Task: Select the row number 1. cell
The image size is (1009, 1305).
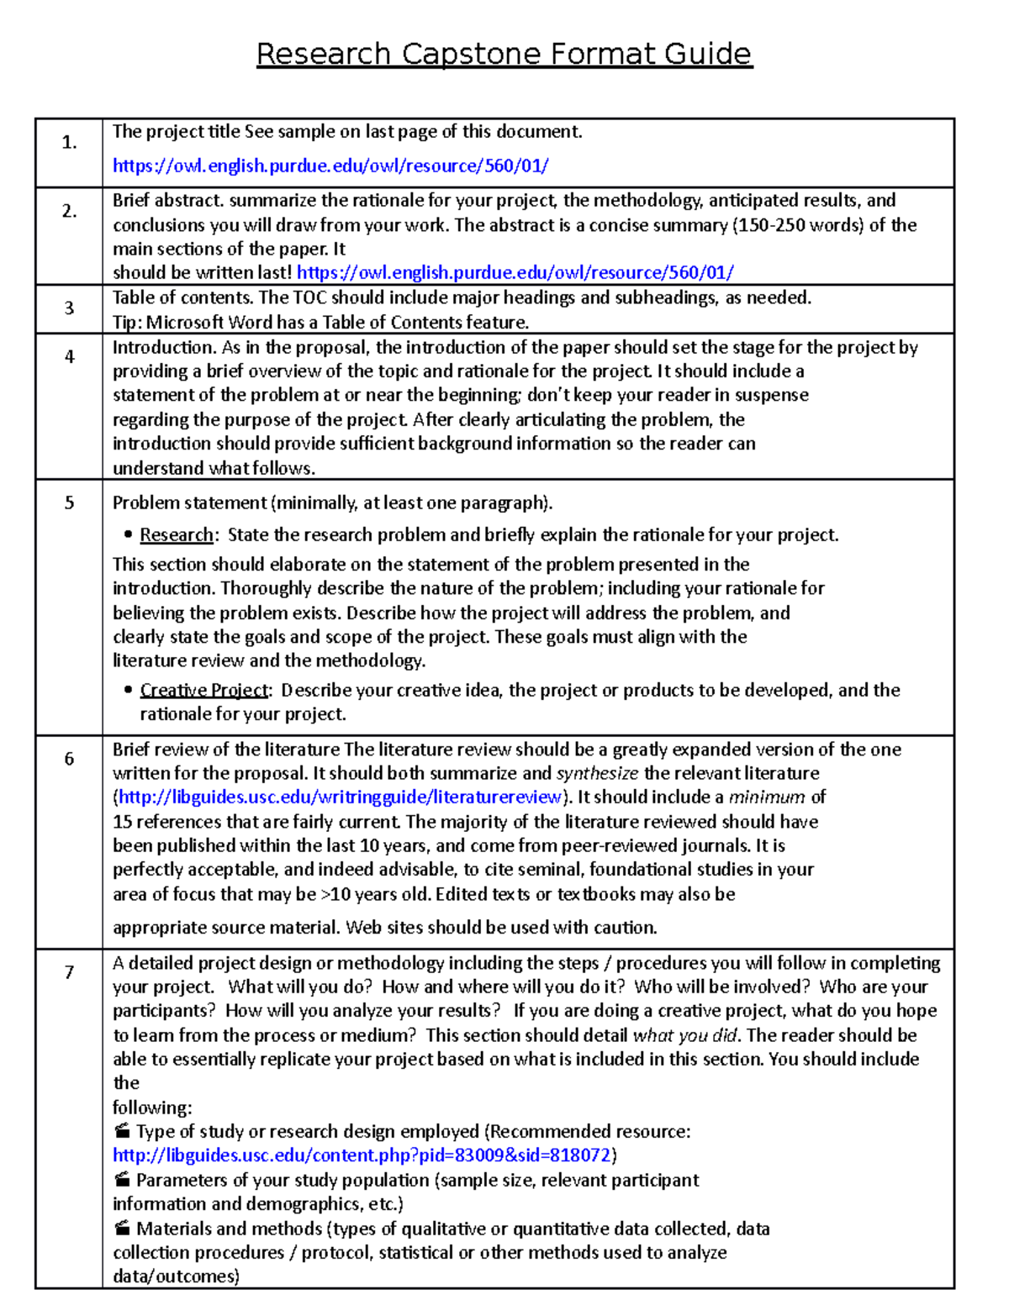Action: tap(69, 142)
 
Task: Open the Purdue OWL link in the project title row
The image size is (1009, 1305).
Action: tap(330, 166)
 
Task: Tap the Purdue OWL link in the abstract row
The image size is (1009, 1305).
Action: tap(515, 272)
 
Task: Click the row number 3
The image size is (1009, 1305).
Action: tap(69, 308)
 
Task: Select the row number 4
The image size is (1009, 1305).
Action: tap(69, 356)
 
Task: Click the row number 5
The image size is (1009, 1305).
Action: tap(69, 503)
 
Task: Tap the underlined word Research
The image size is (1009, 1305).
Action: tap(177, 535)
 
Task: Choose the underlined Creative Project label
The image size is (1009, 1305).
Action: tap(204, 690)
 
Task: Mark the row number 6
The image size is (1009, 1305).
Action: tap(69, 758)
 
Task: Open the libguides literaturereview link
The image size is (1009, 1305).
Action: tap(340, 797)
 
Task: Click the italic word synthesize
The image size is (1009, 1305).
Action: tap(597, 773)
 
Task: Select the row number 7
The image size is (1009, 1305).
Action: tap(69, 971)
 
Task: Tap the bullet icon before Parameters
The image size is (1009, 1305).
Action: tap(122, 1180)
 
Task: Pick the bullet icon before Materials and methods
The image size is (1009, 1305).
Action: tap(122, 1229)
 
